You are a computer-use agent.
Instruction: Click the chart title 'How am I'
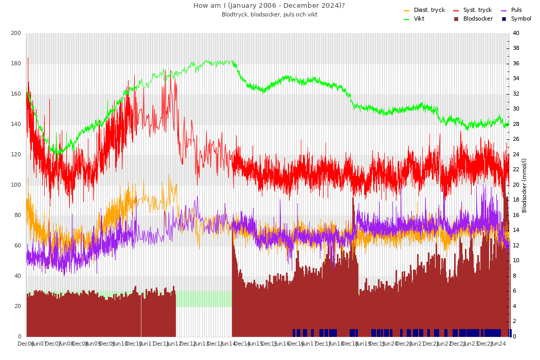pos(269,6)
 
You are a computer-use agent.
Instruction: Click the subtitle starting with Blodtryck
pos(269,15)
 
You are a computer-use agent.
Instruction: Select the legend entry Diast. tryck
pos(429,10)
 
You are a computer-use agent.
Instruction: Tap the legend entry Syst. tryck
pos(477,10)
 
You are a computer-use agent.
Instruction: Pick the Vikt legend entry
pos(419,19)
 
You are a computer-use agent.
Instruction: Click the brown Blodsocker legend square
pos(456,19)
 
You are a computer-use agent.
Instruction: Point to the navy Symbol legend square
pos(504,19)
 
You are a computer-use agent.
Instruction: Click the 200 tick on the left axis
pos(16,33)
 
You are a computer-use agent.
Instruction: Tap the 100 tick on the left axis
pos(16,185)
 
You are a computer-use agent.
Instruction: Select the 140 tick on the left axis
pos(16,124)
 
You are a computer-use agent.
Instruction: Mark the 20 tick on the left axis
pos(17,307)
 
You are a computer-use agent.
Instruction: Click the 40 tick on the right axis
pos(516,33)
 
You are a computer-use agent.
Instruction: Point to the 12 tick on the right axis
pos(516,246)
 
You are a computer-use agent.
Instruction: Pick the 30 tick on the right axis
pos(516,109)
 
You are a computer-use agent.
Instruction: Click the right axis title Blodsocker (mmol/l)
pos(525,185)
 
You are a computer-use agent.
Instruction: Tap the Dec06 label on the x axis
pos(26,344)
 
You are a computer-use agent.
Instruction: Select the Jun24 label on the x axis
pos(498,344)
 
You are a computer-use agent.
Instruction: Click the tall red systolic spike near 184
pos(28,59)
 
